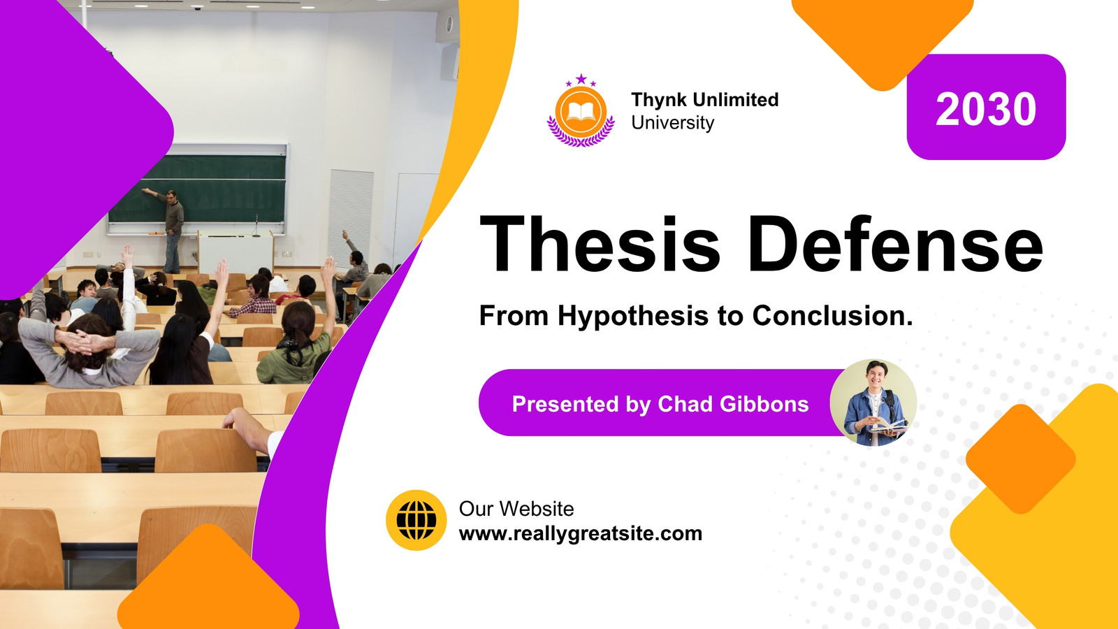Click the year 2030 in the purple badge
pos(986,109)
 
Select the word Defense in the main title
pos(895,244)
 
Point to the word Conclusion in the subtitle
pos(832,315)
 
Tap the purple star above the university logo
pos(581,79)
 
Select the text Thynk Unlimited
pos(705,100)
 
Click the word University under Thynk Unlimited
pos(672,123)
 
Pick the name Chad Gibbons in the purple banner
pos(733,404)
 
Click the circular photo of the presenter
pos(873,403)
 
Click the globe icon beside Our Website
pos(416,520)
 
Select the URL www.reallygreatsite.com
pos(581,534)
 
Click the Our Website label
pos(516,509)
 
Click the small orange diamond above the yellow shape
pos(1021,458)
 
